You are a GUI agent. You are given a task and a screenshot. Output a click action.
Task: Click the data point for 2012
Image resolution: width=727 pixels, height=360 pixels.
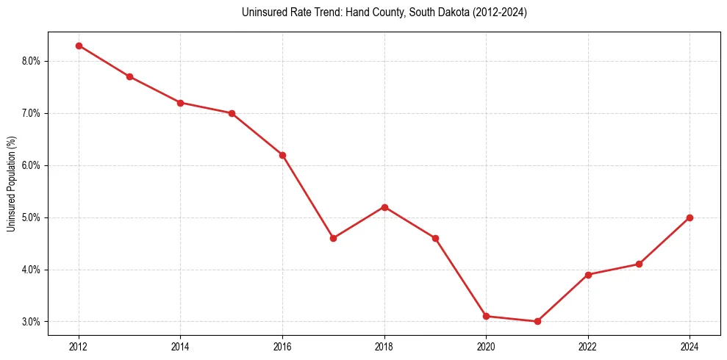pos(79,46)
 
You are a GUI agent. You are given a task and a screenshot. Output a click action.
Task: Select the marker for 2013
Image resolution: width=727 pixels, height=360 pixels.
pos(129,76)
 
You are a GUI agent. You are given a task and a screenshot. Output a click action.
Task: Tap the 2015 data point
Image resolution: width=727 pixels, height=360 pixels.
pos(232,113)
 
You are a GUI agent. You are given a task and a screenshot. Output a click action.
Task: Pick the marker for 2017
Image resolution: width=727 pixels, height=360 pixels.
pos(333,238)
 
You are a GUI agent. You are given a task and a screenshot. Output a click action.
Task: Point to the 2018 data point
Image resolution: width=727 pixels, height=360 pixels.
pos(384,207)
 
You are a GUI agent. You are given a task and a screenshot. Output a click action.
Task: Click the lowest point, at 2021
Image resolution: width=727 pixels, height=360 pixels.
pos(537,321)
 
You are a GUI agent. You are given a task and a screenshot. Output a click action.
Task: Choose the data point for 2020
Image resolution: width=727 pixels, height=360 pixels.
pos(486,316)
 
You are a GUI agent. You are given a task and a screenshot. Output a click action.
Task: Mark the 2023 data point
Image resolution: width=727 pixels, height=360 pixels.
pos(639,264)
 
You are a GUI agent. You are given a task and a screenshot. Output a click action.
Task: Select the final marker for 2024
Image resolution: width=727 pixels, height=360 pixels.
pos(690,217)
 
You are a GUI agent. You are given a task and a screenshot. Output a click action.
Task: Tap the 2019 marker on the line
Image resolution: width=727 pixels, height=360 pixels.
pos(435,238)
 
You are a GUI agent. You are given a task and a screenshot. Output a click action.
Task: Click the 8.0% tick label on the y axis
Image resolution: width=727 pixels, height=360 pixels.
pos(31,61)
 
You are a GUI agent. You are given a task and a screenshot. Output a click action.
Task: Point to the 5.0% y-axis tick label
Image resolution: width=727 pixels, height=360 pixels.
pos(31,217)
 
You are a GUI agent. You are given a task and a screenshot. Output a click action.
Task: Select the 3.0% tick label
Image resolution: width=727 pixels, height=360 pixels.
pos(31,322)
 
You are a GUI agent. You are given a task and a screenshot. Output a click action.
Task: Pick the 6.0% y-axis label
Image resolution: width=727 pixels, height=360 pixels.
pos(31,165)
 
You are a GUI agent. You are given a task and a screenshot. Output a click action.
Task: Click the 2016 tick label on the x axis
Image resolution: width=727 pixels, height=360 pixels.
pos(282,345)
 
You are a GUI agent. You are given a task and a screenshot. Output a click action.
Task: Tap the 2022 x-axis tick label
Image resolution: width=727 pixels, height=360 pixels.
pos(588,345)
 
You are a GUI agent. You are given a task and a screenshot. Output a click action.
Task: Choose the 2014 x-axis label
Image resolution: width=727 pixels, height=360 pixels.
pos(180,345)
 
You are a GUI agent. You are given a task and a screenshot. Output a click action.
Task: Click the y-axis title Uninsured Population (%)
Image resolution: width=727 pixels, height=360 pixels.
pos(11,183)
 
